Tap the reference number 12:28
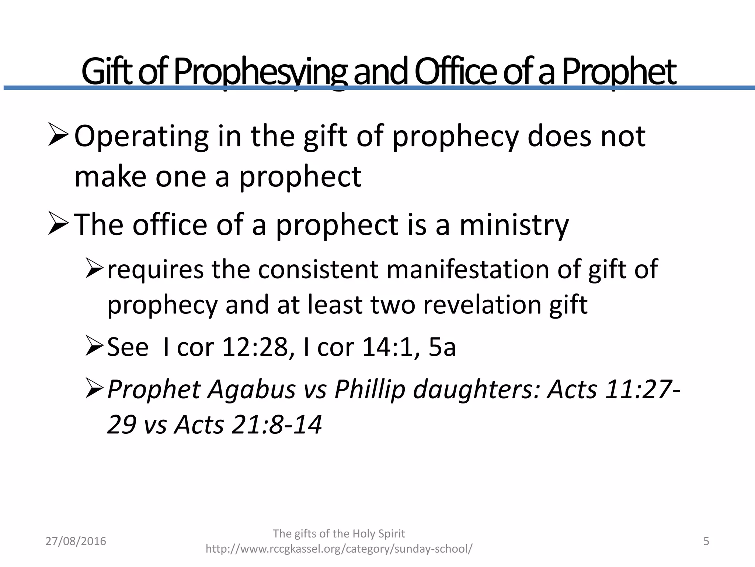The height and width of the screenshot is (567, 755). pyautogui.click(x=254, y=347)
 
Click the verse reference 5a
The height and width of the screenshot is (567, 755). pyautogui.click(x=442, y=347)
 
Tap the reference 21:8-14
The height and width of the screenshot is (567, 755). pyautogui.click(x=276, y=425)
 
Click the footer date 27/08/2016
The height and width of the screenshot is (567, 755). pyautogui.click(x=76, y=542)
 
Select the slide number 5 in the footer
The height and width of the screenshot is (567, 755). pyautogui.click(x=706, y=542)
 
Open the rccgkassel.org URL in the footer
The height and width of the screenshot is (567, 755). pyautogui.click(x=339, y=549)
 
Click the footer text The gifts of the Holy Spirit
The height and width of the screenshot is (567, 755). pyautogui.click(x=339, y=534)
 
